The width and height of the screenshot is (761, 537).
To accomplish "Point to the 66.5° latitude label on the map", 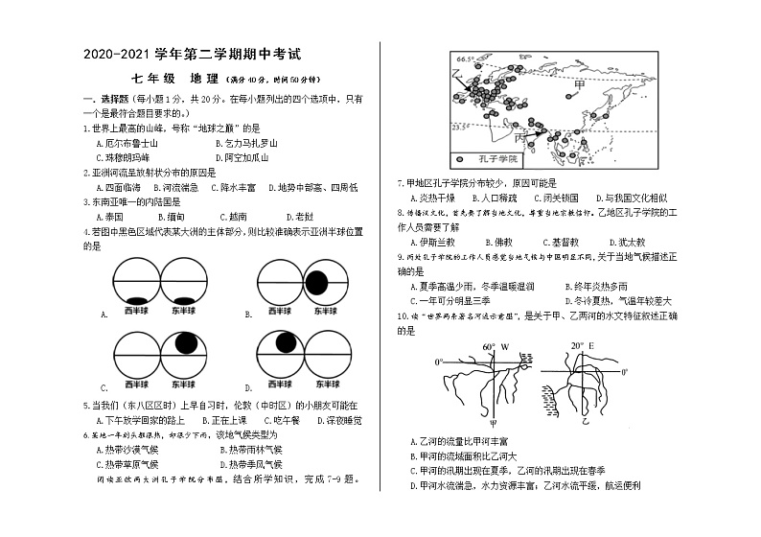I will pyautogui.click(x=466, y=58).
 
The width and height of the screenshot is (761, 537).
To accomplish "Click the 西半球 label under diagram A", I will pyautogui.click(x=135, y=311).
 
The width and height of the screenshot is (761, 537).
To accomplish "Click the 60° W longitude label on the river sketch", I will pyautogui.click(x=495, y=346).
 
